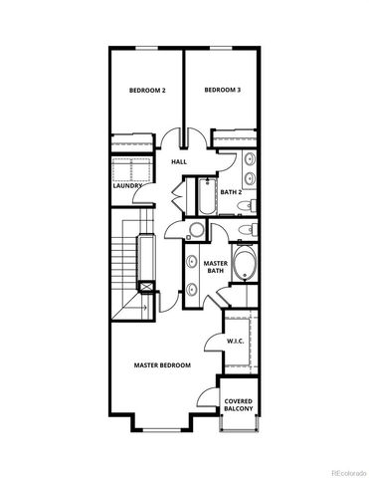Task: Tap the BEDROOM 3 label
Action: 222,91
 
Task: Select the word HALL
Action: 179,161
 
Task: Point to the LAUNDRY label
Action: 127,185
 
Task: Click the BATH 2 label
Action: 231,192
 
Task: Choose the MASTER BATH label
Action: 216,267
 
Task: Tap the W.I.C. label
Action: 236,341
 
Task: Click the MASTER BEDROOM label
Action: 162,365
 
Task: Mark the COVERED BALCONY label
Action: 239,404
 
